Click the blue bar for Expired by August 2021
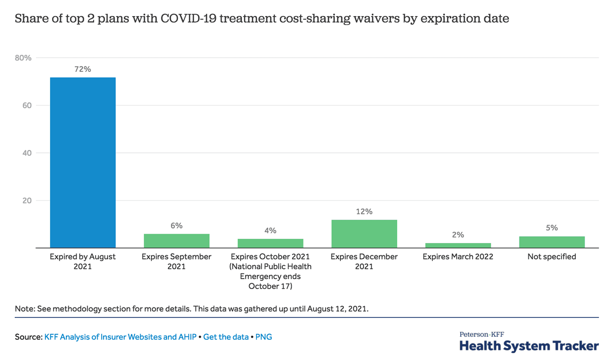83,162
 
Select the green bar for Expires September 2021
177,241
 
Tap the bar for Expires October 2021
270,243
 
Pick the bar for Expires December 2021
364,234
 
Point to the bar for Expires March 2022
458,245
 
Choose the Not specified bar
552,242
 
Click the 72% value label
82,69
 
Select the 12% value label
364,211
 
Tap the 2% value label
458,235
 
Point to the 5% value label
552,228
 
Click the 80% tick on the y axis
23,58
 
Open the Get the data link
226,337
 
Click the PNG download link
264,337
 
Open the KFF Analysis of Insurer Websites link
120,337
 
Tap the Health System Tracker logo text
529,345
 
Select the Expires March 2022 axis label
458,256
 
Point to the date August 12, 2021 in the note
338,309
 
